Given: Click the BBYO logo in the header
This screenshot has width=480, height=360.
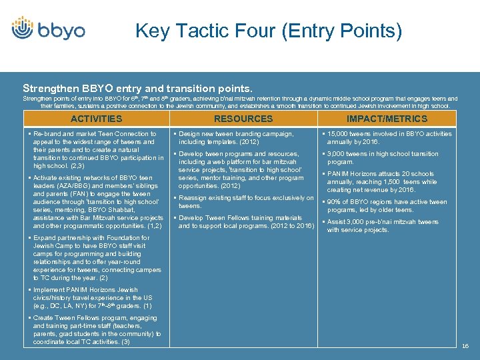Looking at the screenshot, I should point(48,30).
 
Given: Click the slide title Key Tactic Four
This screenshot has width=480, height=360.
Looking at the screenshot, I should point(269,31).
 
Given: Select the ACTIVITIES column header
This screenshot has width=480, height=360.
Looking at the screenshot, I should point(97,119).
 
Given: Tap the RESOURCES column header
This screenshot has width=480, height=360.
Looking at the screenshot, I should point(243,119).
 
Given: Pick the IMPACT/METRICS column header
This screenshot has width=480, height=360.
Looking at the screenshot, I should point(387,119).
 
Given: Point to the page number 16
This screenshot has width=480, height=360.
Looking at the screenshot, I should point(465,346).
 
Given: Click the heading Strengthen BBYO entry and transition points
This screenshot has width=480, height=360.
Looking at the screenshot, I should point(137,88).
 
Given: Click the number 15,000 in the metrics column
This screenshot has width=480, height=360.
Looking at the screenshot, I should point(339,134).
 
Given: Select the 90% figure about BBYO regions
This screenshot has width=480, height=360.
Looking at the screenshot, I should point(334,202).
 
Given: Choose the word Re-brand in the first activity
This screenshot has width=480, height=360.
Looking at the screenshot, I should point(48,134).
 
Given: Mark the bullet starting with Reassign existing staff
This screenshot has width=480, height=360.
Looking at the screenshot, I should point(243,201).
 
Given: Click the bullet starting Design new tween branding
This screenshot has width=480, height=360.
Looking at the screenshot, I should point(236,137).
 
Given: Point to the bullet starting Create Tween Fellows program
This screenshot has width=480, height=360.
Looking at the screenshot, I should point(97,330).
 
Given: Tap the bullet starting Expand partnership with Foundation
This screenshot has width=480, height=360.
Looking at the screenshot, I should point(97,257).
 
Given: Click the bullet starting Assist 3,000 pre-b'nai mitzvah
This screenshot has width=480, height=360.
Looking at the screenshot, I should point(383,226).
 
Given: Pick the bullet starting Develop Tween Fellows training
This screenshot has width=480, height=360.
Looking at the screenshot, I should point(243,222).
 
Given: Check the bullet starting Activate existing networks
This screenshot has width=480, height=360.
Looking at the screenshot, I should point(97,202).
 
